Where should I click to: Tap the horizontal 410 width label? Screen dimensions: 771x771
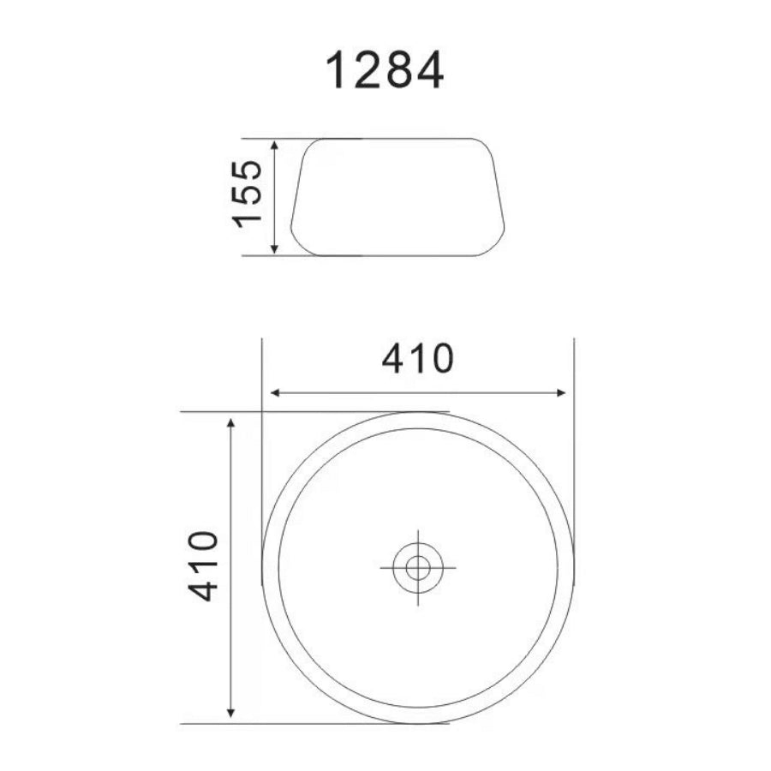coord(416,359)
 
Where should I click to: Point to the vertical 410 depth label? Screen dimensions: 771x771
coord(203,566)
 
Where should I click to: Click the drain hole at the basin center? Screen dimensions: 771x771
coord(418,566)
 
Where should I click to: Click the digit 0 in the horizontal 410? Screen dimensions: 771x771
coord(437,359)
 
